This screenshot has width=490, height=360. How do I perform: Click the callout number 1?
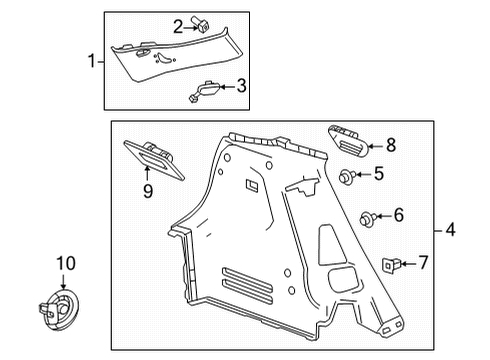[93, 62]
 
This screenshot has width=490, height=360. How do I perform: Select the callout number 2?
[178, 27]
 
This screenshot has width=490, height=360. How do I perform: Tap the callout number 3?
[240, 87]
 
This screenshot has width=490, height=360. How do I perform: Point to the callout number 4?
[450, 230]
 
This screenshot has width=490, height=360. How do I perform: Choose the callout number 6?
[398, 215]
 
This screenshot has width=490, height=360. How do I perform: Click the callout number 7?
[422, 263]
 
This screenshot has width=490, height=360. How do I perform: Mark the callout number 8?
[391, 144]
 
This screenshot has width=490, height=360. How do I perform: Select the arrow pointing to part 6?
[382, 215]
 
